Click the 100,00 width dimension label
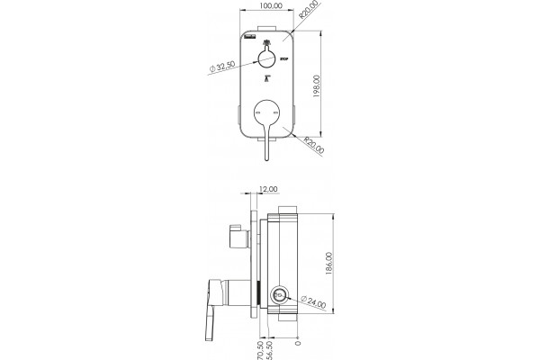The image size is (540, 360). [270, 5]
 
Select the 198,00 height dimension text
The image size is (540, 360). [317, 86]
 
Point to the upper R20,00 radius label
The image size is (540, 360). [308, 9]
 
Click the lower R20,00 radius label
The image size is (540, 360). [314, 145]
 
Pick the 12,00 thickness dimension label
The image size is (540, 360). [268, 189]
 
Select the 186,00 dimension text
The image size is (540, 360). [328, 264]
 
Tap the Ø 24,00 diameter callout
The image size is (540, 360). [313, 302]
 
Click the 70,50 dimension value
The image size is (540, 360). [260, 350]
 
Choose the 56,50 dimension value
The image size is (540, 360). [269, 350]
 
